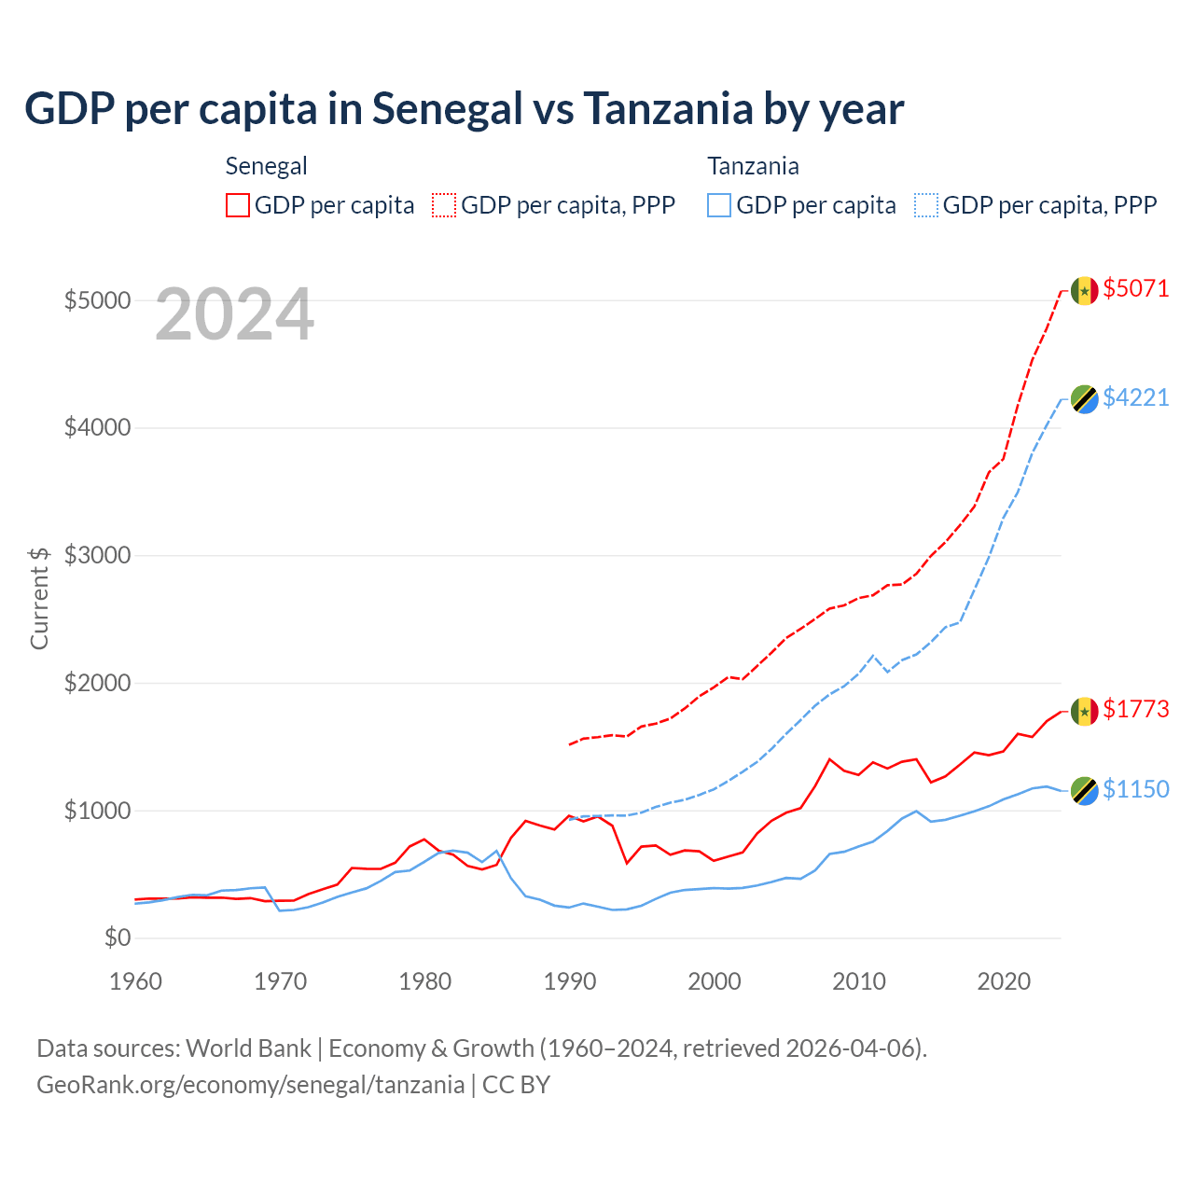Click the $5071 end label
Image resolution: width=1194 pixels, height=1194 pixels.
point(1135,288)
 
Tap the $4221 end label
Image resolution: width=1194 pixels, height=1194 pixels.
point(1135,397)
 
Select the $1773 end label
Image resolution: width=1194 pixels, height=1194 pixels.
point(1135,709)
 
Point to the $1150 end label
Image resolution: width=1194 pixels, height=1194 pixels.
point(1135,789)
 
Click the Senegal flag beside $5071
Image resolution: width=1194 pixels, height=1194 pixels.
point(1084,291)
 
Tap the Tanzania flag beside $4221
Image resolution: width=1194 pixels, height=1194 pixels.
point(1084,399)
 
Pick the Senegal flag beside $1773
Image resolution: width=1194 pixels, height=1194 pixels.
point(1084,712)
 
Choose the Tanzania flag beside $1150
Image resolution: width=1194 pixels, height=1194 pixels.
point(1084,791)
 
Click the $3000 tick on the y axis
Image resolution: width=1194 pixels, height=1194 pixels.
point(97,556)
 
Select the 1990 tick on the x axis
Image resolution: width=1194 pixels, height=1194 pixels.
point(570,981)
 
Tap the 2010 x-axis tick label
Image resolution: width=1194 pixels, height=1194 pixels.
point(859,981)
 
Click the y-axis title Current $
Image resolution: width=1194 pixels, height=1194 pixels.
point(39,598)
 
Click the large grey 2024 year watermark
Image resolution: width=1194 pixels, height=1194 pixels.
point(234,314)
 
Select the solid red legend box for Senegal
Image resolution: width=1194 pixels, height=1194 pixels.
point(238,205)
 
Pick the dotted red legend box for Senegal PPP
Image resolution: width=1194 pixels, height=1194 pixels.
point(445,205)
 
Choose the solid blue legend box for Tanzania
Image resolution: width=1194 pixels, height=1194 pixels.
point(719,205)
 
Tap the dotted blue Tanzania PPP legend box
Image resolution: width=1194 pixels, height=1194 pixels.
point(926,205)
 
